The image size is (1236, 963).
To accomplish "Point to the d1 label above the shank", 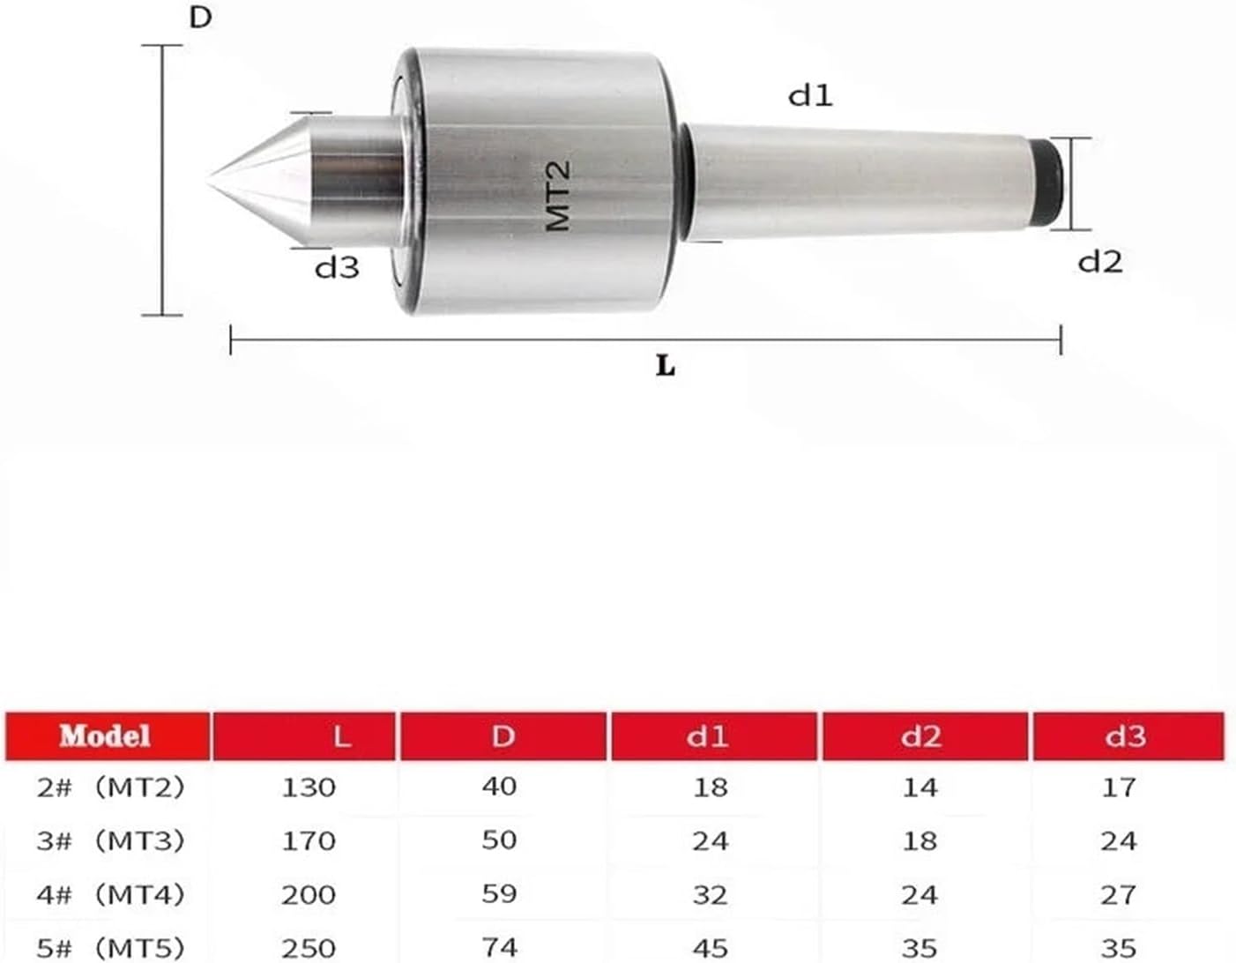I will tap(810, 93).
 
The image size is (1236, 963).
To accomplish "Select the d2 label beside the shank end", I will tap(1100, 261).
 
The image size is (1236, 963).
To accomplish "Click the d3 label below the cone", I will tap(337, 265).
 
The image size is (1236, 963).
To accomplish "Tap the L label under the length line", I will tap(666, 364).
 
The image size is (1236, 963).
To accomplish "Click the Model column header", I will tap(106, 736).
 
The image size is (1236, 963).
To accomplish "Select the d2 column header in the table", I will tap(920, 736).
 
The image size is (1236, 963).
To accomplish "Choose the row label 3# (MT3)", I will tap(111, 840).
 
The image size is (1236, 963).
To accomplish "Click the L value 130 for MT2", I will tap(309, 787).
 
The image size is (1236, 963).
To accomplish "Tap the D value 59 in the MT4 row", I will tap(499, 894).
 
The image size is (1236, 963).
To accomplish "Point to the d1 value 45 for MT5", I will tap(710, 948).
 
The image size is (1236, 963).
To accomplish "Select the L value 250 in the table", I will tap(309, 948).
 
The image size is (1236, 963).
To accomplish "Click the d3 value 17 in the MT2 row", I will tap(1119, 787).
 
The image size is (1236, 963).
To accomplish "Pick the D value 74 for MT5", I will tap(499, 948).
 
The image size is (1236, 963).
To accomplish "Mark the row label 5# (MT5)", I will tap(111, 948).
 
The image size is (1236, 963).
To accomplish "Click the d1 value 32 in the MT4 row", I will tap(710, 894).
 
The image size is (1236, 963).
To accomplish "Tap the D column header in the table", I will tap(503, 736).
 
